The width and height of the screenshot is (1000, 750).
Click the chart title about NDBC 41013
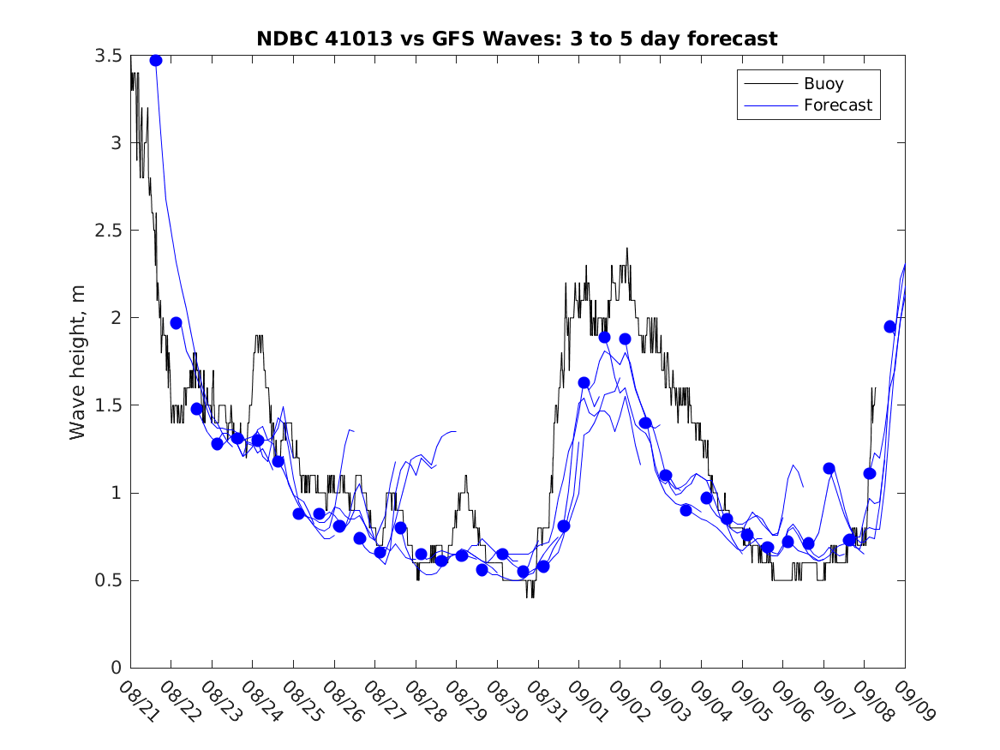click(x=517, y=39)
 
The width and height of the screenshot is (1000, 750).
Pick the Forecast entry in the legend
click(x=837, y=105)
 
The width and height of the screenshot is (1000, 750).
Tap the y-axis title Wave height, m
click(x=78, y=361)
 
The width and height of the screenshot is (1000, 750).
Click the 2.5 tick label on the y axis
click(x=108, y=231)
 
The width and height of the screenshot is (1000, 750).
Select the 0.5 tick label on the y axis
click(x=108, y=580)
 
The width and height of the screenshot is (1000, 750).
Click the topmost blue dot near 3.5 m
click(x=155, y=60)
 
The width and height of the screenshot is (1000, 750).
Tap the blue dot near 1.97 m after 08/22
click(x=176, y=323)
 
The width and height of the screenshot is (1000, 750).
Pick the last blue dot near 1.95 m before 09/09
click(x=889, y=327)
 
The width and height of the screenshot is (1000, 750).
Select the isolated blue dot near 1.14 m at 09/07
click(x=829, y=468)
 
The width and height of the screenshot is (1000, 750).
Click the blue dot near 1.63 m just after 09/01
click(x=584, y=382)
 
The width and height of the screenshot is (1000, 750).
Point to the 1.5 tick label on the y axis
click(x=108, y=405)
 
